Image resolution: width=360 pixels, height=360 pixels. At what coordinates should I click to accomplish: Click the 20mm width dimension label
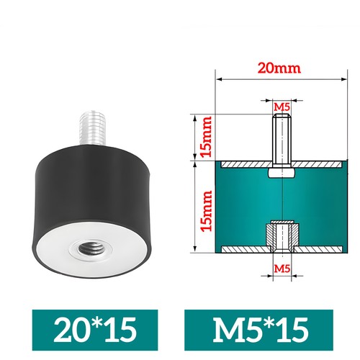point(279,68)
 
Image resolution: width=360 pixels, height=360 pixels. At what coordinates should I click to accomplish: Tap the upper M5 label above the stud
point(282,107)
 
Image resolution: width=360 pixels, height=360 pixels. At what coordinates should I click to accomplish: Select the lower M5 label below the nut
point(282,269)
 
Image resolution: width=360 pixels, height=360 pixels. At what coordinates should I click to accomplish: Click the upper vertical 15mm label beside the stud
point(207,137)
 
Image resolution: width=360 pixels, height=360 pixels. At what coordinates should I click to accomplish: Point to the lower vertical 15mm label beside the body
point(207,211)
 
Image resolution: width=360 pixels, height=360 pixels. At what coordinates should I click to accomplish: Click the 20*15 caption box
point(95,330)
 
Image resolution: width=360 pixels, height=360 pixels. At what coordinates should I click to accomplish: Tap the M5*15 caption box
point(258,330)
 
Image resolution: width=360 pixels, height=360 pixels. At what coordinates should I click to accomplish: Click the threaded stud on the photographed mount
point(92,129)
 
